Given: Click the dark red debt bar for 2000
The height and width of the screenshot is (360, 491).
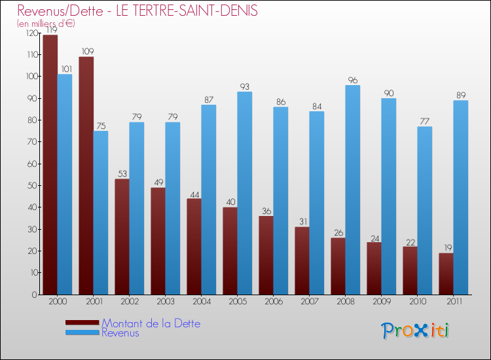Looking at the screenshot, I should click(x=50, y=164).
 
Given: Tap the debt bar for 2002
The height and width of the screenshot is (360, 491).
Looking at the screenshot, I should click(x=122, y=236).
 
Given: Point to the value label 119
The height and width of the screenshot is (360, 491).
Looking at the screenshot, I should click(x=50, y=29).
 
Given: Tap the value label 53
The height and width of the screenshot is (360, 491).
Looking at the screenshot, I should click(x=122, y=173).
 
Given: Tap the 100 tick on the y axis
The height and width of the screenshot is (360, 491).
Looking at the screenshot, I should click(x=29, y=77).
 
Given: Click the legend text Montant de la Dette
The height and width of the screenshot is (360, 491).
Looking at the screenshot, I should click(x=151, y=323).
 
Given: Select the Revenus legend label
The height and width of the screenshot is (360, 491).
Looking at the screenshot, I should click(x=120, y=333).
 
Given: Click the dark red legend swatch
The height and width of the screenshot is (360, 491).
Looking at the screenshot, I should click(x=82, y=323).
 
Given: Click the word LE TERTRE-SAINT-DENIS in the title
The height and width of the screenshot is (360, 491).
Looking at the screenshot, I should click(x=185, y=10).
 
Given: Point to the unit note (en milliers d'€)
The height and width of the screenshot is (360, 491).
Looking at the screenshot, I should click(x=46, y=24).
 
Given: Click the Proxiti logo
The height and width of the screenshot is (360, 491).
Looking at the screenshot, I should click(x=415, y=331).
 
